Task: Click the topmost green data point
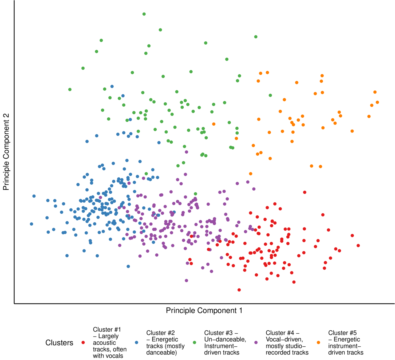point(144,14)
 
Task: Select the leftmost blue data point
point(31,224)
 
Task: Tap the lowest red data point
point(239,290)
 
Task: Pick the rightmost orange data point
point(377,102)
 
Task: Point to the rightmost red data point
point(358,246)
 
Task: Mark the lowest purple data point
point(187,281)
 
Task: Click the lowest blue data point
point(128,266)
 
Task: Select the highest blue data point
point(112,86)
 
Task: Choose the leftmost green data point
point(70,90)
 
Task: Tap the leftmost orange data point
point(214,124)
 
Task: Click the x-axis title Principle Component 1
point(204,310)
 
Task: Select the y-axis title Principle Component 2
point(6,152)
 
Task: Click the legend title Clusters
point(59,343)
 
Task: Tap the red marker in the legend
point(83,343)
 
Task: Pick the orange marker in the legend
point(318,343)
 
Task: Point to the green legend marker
point(194,343)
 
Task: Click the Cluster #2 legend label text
point(165,343)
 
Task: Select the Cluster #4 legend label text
point(287,343)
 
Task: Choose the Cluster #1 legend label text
point(110,343)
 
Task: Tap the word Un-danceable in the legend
point(225,339)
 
